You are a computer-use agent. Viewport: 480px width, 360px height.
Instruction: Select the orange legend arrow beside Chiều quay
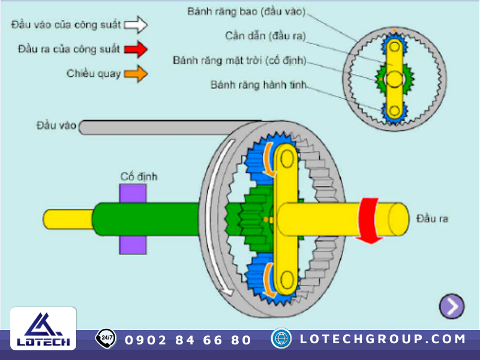point(136,74)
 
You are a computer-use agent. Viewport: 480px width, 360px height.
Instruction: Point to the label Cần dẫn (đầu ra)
point(265,36)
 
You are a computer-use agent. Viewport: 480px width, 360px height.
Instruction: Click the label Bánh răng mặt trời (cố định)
point(240,61)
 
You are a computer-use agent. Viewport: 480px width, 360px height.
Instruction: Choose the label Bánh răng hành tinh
point(259,85)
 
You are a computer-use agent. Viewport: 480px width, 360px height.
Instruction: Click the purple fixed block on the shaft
point(133,219)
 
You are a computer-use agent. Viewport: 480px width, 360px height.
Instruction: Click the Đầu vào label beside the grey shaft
point(56,125)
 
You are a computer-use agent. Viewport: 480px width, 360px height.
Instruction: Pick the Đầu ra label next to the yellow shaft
point(432,218)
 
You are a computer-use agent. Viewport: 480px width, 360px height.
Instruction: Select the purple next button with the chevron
point(451,307)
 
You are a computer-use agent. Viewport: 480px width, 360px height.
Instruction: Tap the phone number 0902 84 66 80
point(188,340)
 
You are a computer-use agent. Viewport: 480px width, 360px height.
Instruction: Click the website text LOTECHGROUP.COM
point(382,339)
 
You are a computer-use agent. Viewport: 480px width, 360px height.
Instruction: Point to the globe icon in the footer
point(281,338)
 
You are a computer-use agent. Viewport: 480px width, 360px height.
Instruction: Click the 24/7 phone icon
point(106,338)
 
